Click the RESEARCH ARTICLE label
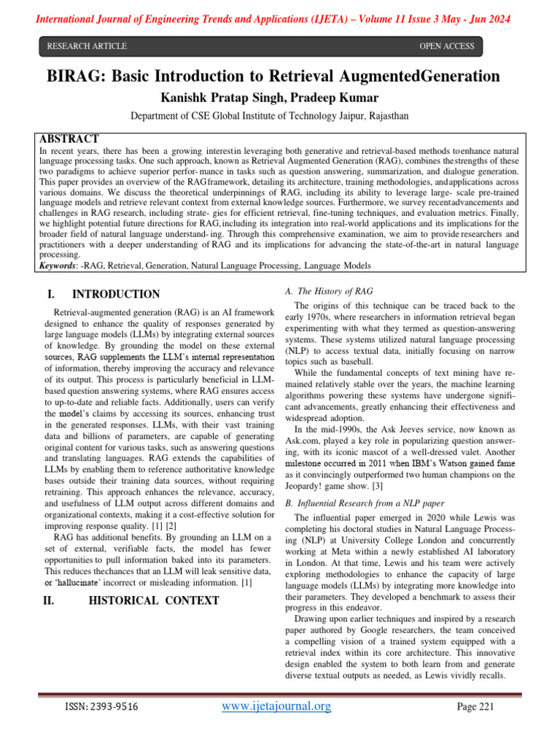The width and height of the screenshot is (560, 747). pos(87,47)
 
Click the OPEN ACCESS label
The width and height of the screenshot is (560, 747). pos(446,47)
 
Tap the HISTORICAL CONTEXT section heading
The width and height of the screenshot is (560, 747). pos(154,600)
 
